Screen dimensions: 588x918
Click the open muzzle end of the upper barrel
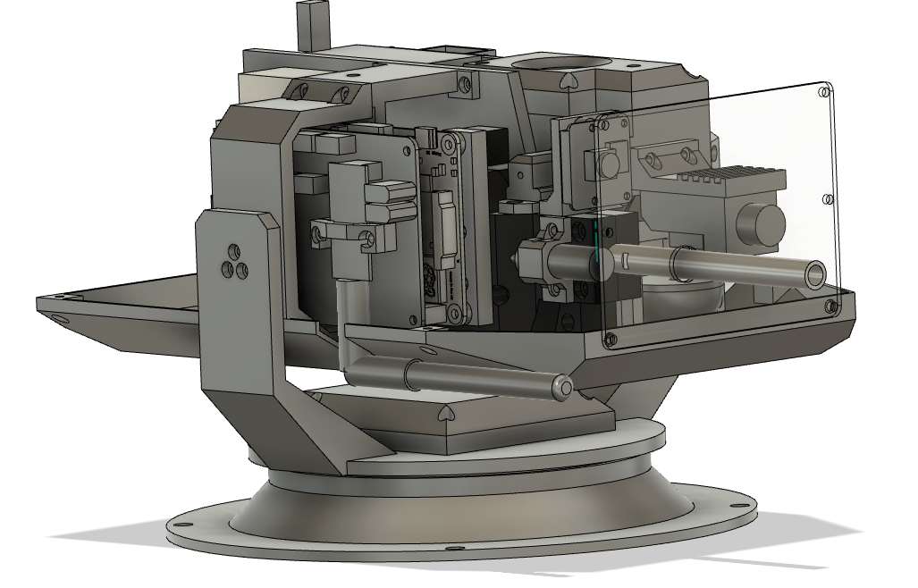(815, 274)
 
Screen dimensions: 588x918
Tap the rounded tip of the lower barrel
(562, 387)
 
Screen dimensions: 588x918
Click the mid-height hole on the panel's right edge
(828, 198)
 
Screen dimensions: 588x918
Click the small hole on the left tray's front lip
(58, 317)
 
